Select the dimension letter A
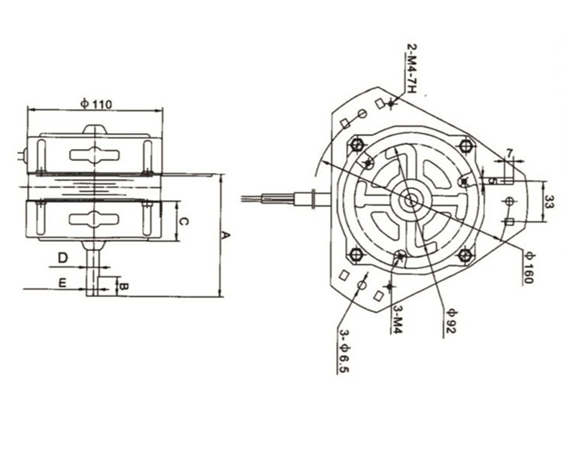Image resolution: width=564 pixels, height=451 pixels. pos(226,235)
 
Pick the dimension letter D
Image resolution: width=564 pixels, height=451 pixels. pos(64,257)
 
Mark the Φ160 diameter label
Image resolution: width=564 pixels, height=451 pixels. pos(529,265)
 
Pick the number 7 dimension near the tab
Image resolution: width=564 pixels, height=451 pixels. pos(509,153)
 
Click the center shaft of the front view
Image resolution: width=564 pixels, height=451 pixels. pos(412,201)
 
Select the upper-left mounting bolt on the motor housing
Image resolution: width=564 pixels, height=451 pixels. pos(357,144)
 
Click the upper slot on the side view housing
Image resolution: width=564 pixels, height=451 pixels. pos(94,155)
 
